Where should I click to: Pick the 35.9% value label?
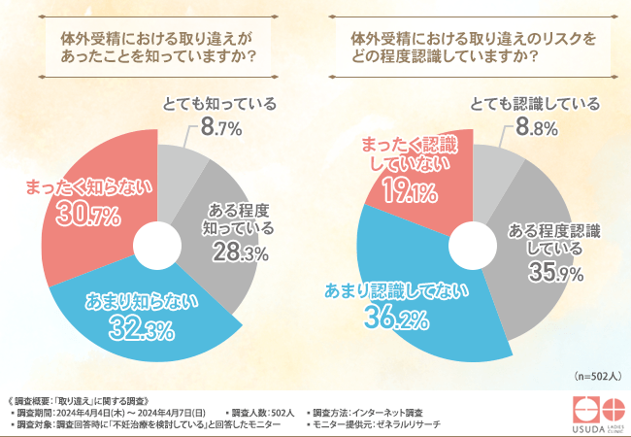point(556,273)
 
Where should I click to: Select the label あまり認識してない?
point(392,287)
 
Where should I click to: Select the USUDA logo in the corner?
point(595,412)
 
